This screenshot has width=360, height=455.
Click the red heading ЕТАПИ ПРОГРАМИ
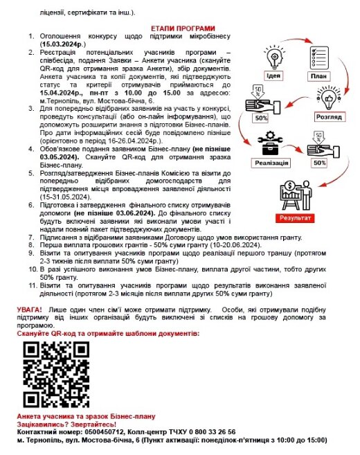[x=183, y=28]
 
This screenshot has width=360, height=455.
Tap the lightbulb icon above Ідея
[x=274, y=57]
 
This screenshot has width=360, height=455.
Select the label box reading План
[x=318, y=76]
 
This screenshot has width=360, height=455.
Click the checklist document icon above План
[x=318, y=57]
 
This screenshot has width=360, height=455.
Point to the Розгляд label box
[x=329, y=117]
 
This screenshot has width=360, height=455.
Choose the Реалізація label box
[x=271, y=163]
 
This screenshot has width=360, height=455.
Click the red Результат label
[x=295, y=217]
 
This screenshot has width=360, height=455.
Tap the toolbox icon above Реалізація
[x=270, y=143]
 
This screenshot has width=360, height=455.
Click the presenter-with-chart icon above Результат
[x=296, y=195]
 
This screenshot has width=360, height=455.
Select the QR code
[x=56, y=375]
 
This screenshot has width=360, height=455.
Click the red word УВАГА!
[x=29, y=310]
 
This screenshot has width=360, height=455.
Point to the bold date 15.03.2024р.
[x=63, y=44]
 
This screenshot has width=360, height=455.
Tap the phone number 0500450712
[x=105, y=432]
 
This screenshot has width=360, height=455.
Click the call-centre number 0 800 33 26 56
[x=213, y=432]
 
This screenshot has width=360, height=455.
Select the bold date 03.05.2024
[x=59, y=157]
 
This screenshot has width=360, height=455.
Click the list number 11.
[x=33, y=285]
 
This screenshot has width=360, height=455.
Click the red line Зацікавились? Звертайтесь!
[x=66, y=425]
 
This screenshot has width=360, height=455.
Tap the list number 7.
[x=31, y=238]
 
